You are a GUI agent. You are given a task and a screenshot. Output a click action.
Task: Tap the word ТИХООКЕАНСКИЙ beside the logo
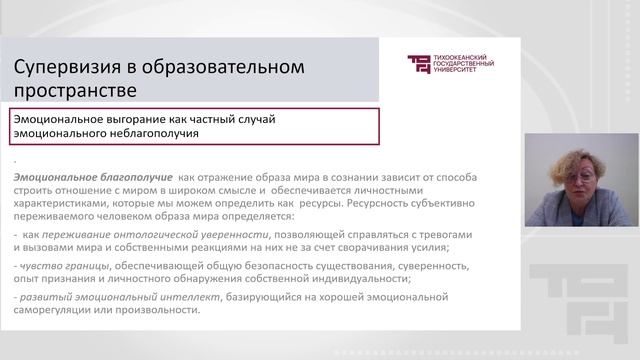coord(466,58)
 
